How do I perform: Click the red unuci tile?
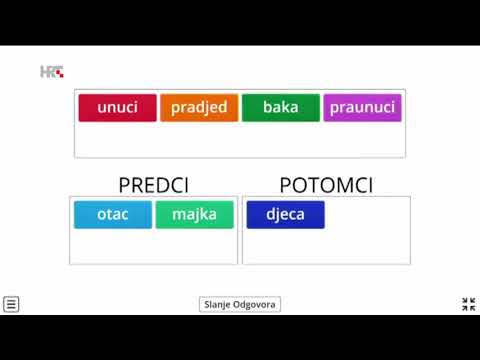click(x=118, y=108)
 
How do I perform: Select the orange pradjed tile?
click(x=199, y=108)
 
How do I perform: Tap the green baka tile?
click(x=281, y=108)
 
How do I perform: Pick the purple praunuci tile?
click(x=362, y=108)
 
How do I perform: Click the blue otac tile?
click(x=113, y=215)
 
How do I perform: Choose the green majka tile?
click(x=194, y=215)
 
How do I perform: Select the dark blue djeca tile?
click(x=285, y=215)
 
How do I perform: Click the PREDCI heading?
click(x=153, y=185)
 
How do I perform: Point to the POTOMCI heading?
click(x=326, y=185)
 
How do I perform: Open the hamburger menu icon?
click(x=11, y=304)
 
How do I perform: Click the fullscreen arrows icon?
click(x=468, y=304)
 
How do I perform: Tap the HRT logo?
click(x=52, y=72)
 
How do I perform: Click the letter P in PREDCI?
click(x=124, y=185)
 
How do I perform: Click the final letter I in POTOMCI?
click(x=370, y=185)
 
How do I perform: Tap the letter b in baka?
click(x=268, y=108)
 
